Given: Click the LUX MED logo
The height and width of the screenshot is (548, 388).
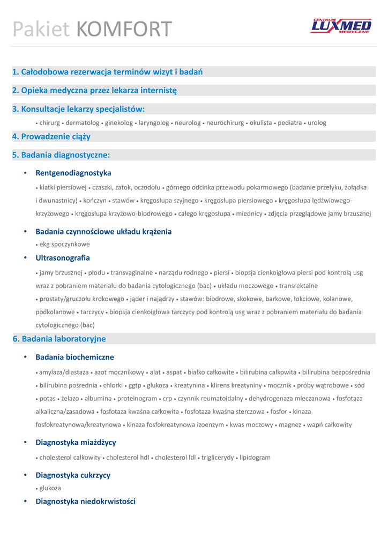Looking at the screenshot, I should coord(341,26).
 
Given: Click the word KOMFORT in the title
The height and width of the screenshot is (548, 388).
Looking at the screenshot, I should coord(124,29).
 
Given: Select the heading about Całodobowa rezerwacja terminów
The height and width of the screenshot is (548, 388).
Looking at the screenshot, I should coord(107,72).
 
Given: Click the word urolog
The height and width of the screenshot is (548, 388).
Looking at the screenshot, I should coord(317,123).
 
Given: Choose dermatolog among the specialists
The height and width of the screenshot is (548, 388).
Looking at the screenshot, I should coord(83,123).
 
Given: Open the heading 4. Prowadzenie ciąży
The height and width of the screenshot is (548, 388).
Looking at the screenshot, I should coord(51,136).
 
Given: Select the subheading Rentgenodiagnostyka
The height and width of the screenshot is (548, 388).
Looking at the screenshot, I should coord(73,173).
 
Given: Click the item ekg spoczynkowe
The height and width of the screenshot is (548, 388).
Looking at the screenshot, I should coord(64,245).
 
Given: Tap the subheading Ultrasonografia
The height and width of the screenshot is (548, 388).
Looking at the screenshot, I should coord(63,258).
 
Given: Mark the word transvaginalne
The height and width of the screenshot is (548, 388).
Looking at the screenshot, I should coord(132,273).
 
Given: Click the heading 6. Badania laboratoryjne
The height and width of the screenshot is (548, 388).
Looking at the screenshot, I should coord(59,339).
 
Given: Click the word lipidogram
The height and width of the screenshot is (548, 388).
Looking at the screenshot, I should coord(255,458).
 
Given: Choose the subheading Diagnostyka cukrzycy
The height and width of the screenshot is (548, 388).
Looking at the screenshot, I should coord(73,475).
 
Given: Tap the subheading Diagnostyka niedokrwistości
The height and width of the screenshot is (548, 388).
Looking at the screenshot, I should coord(85,501).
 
